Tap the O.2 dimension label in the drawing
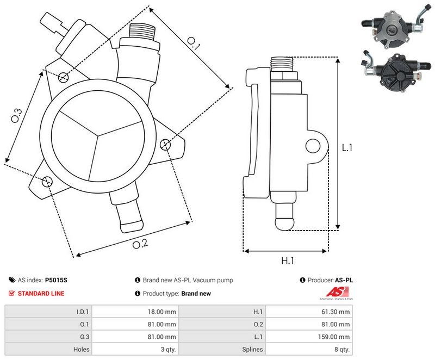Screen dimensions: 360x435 pyautogui.click(x=140, y=244)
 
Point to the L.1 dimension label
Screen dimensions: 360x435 pyautogui.click(x=347, y=147)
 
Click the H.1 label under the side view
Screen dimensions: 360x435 pyautogui.click(x=287, y=260)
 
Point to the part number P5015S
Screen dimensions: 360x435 pyautogui.click(x=56, y=281)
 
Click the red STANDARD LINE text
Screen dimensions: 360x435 pyautogui.click(x=41, y=294)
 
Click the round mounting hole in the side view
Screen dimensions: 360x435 pyautogui.click(x=312, y=146)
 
